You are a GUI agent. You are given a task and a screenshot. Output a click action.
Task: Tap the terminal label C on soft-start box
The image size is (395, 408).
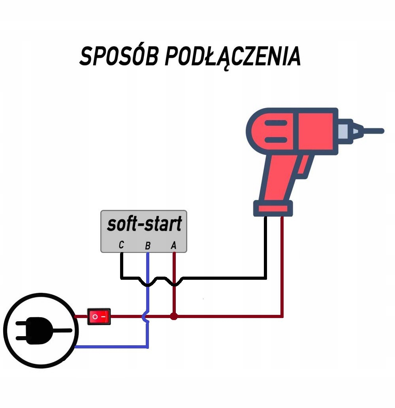121,245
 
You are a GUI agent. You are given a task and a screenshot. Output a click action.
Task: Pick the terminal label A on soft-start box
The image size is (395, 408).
173,245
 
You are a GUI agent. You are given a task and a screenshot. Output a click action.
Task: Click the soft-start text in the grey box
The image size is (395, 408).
144,225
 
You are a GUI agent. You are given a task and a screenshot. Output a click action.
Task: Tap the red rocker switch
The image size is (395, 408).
99,316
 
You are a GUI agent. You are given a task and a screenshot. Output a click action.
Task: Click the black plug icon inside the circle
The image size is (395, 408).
38,330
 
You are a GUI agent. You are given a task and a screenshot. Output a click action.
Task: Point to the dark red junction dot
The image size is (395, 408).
173,316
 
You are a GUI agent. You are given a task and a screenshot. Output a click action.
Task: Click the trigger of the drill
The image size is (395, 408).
302,168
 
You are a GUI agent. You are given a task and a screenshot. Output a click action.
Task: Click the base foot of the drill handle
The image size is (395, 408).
273,208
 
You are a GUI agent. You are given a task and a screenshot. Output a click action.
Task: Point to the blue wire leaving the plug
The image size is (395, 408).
111,347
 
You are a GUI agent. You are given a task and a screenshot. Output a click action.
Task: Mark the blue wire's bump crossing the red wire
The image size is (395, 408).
146,316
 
